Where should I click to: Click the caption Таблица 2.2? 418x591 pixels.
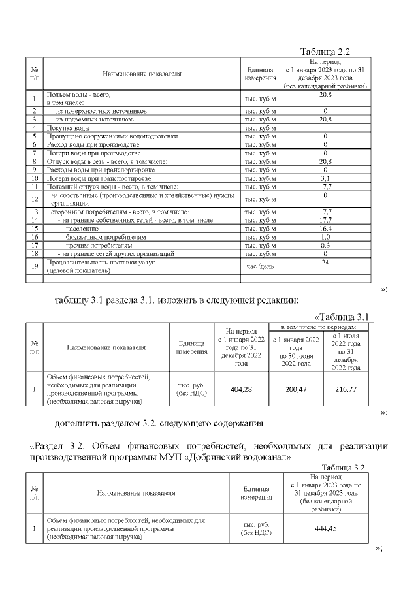point(326,52)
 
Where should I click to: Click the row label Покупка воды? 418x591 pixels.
point(68,128)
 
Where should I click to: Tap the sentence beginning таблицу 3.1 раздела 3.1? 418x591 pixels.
point(176,301)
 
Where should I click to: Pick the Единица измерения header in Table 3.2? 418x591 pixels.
point(257,492)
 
